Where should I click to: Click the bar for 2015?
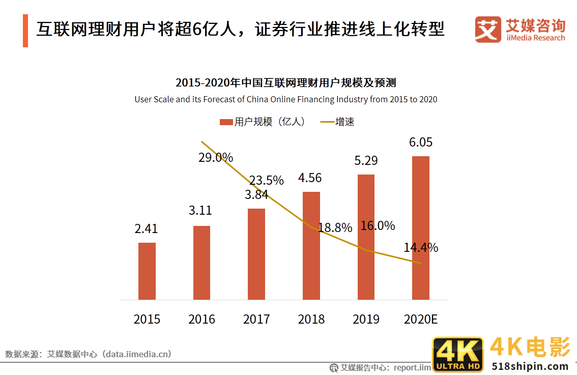point(147,271)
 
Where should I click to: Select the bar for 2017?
point(256,254)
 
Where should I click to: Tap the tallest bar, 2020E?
point(421,227)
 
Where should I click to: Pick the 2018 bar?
point(311,245)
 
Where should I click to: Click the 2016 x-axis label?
point(201,320)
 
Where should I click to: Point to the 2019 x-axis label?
point(366,320)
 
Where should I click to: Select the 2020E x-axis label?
point(421,320)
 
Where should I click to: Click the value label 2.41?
point(146,228)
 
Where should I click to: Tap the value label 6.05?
point(421,142)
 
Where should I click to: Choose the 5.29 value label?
point(366,161)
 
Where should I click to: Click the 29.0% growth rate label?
point(216,158)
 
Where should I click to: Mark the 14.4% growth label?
point(421,248)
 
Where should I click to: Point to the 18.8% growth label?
point(335,227)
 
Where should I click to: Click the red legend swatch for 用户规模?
point(226,122)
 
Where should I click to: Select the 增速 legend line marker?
point(327,122)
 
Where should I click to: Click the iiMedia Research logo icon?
point(488,30)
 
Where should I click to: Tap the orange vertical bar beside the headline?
point(25,31)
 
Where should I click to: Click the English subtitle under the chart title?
point(285,99)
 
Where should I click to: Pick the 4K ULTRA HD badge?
point(457,354)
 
